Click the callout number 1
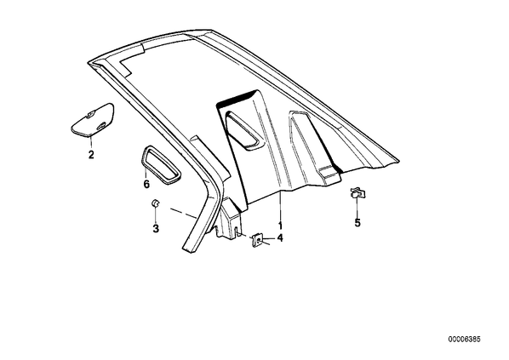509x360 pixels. coord(280,226)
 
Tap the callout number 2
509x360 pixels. coord(91,155)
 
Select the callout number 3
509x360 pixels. coord(156,228)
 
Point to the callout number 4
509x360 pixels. coord(280,238)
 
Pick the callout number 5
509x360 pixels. coord(357,223)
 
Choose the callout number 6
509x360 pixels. coord(146,185)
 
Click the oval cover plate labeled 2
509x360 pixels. coord(93,119)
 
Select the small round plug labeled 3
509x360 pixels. coord(155,203)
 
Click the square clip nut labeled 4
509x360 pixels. coord(257,239)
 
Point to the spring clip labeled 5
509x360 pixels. coord(357,193)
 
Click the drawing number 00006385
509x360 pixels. coord(464,340)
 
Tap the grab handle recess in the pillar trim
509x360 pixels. coord(243,130)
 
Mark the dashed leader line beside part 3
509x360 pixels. coord(183,214)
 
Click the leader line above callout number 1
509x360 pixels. coord(280,206)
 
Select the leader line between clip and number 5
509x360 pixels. coord(357,208)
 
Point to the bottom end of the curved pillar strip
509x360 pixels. coord(189,250)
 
